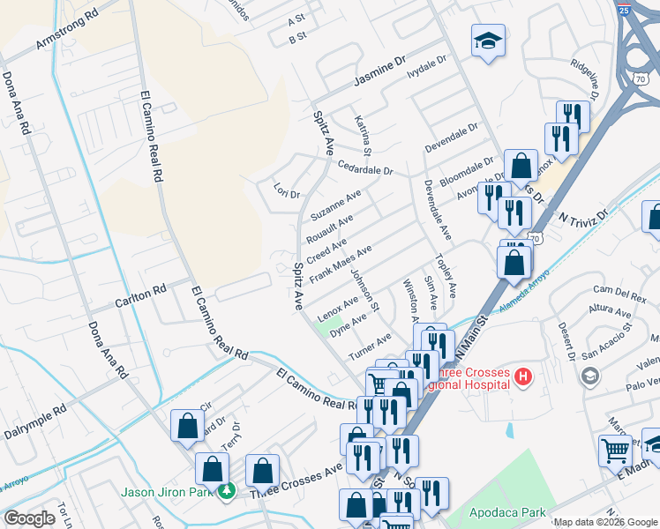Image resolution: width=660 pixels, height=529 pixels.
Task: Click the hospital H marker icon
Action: point(523,378)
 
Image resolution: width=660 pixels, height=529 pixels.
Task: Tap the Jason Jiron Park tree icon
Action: point(227,490)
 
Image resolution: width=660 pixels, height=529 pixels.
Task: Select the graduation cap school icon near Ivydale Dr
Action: point(487,41)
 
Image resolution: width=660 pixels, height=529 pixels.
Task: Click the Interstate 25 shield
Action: point(624,11)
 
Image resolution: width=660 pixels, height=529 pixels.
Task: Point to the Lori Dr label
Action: point(287,191)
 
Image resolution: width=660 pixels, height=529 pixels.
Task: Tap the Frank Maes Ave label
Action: point(346,263)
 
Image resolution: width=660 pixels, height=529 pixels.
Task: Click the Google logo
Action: point(29,518)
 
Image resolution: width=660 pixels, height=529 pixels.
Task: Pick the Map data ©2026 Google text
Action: point(604,522)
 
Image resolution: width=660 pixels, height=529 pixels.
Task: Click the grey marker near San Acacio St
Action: point(589,377)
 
